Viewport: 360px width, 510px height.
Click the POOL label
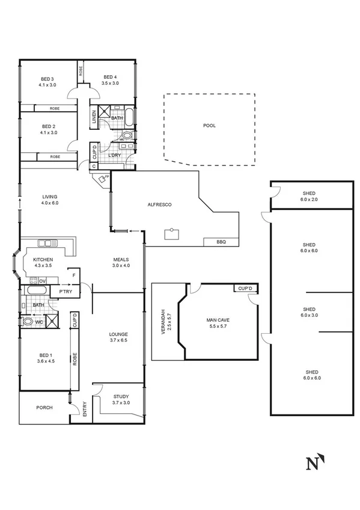click(209, 126)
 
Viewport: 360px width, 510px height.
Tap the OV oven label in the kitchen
click(42, 280)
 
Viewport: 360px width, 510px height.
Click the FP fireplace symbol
click(103, 178)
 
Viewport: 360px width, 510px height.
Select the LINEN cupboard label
click(94, 117)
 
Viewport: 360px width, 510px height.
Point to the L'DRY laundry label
click(114, 156)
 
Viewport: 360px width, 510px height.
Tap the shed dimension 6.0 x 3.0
click(309, 315)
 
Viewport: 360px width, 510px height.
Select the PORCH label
click(44, 407)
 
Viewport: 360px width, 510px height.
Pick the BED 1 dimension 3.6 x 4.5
click(45, 361)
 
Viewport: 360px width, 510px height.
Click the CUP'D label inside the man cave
click(245, 289)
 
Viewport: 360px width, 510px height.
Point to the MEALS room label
click(121, 259)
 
